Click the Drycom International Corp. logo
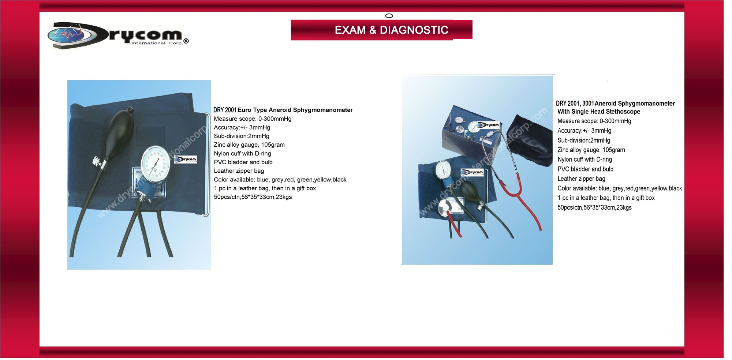point(118,35)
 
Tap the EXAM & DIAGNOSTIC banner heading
point(391,30)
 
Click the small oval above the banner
point(389,16)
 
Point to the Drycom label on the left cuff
point(185,160)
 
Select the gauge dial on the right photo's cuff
point(443,170)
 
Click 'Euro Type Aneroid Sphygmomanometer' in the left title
point(295,110)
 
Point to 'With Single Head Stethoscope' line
point(599,112)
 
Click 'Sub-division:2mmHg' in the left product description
point(242,136)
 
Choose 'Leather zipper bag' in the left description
point(239,171)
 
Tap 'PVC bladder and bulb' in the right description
point(585,169)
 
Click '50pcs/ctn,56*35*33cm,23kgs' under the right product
point(594,207)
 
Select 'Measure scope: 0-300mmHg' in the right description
point(594,121)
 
